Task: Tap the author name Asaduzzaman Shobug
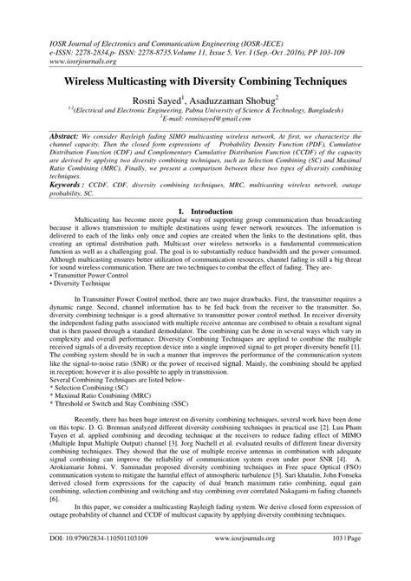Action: tap(246, 101)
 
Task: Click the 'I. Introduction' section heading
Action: tap(205, 211)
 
